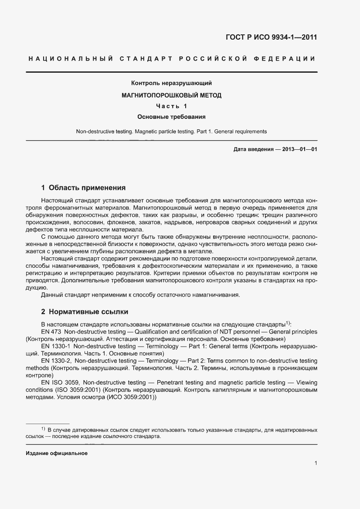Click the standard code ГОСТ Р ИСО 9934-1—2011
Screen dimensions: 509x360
[271, 37]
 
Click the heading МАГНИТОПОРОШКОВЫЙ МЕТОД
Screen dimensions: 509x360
[171, 94]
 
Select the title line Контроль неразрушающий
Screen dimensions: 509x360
[171, 83]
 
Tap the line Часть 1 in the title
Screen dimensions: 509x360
[171, 106]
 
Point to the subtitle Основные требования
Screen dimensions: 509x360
[171, 117]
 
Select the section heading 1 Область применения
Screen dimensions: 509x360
[83, 188]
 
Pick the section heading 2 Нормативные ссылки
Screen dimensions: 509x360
[84, 312]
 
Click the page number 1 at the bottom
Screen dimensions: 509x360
[315, 463]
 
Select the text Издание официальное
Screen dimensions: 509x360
[57, 453]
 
